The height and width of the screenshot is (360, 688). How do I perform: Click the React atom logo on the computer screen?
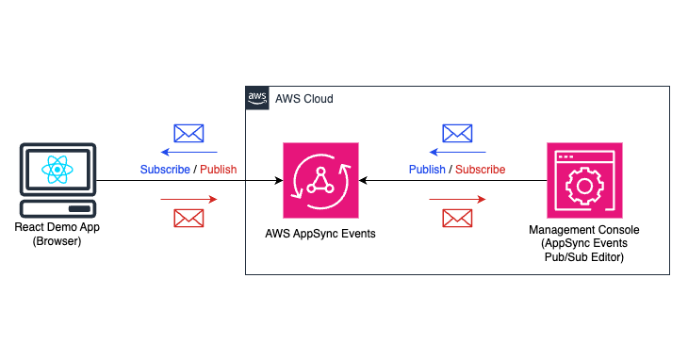(57, 171)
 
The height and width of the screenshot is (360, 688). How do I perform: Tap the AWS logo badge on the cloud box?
(257, 98)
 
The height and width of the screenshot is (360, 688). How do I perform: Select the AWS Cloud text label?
(303, 99)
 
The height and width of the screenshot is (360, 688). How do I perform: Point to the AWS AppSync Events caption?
(320, 233)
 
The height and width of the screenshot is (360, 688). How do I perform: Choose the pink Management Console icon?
(584, 180)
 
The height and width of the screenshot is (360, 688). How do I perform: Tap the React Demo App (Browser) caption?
(57, 235)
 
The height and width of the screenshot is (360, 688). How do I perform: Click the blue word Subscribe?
(165, 170)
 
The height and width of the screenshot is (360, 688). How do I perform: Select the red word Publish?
(219, 170)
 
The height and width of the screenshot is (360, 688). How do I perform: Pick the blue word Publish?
(427, 170)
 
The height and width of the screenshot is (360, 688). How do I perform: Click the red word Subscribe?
(481, 170)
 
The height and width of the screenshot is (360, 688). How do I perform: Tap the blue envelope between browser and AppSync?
(189, 133)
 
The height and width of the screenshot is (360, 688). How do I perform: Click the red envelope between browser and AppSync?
(189, 218)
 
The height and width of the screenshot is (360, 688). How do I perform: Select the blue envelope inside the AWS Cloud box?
(458, 133)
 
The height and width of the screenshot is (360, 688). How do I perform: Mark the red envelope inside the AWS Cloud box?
(458, 218)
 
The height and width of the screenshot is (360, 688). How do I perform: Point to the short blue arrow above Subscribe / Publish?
(189, 152)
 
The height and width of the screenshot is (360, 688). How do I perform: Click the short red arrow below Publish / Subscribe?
(458, 199)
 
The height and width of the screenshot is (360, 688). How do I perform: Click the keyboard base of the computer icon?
(57, 208)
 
